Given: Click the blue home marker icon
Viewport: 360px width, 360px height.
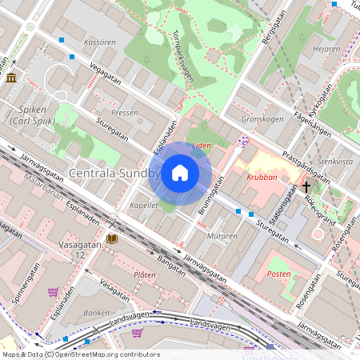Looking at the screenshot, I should point(180,173).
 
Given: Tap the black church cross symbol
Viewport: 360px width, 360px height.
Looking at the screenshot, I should point(306,187).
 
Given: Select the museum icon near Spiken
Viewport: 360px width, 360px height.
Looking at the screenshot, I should point(11,78).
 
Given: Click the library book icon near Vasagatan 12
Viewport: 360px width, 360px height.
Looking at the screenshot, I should point(111,238).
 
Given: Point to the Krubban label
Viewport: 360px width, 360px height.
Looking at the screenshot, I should point(262,178).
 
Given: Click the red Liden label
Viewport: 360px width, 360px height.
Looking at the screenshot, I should point(203,146).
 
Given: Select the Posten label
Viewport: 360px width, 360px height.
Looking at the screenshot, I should point(278,274).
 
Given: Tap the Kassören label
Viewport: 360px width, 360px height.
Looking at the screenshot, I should point(99,41).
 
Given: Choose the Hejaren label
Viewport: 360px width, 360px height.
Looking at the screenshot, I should point(328,49).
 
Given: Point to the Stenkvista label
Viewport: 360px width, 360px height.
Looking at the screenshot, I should point(335,161).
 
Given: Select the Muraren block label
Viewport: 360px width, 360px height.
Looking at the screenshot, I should point(222,236).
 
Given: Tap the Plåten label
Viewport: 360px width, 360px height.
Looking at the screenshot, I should point(145,274).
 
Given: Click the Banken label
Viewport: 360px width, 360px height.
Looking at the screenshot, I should point(96,313).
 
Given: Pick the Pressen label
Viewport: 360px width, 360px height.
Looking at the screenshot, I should point(124,114).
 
